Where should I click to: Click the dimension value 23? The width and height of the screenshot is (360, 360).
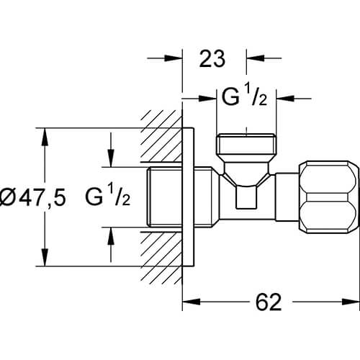pyautogui.click(x=212, y=58)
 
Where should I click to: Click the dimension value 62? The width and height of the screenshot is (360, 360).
pyautogui.click(x=269, y=302)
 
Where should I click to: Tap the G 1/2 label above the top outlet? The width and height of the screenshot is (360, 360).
pyautogui.click(x=244, y=96)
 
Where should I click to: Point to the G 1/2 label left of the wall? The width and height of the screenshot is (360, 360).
pyautogui.click(x=108, y=197)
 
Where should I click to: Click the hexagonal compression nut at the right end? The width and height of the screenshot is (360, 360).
pyautogui.click(x=329, y=197)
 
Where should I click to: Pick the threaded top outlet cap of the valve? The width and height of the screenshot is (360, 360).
pyautogui.click(x=246, y=144)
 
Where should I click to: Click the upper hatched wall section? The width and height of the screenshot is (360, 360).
pyautogui.click(x=161, y=135)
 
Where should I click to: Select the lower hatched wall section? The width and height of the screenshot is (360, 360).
pyautogui.click(x=161, y=258)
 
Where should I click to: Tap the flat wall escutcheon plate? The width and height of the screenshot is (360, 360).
pyautogui.click(x=188, y=197)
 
